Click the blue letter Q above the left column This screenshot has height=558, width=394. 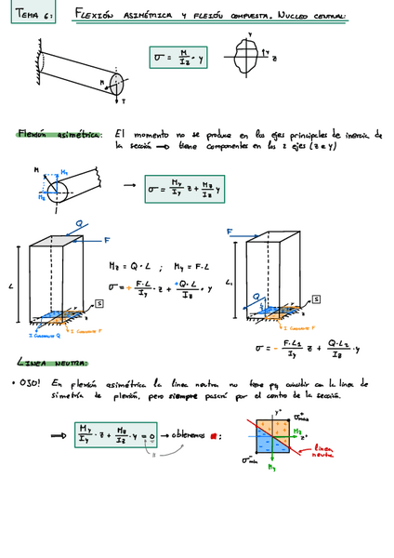[x=82, y=224]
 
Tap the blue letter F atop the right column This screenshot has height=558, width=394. [x=230, y=232]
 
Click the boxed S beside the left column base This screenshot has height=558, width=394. [x=98, y=304]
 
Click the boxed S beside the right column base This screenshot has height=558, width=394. [x=316, y=299]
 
